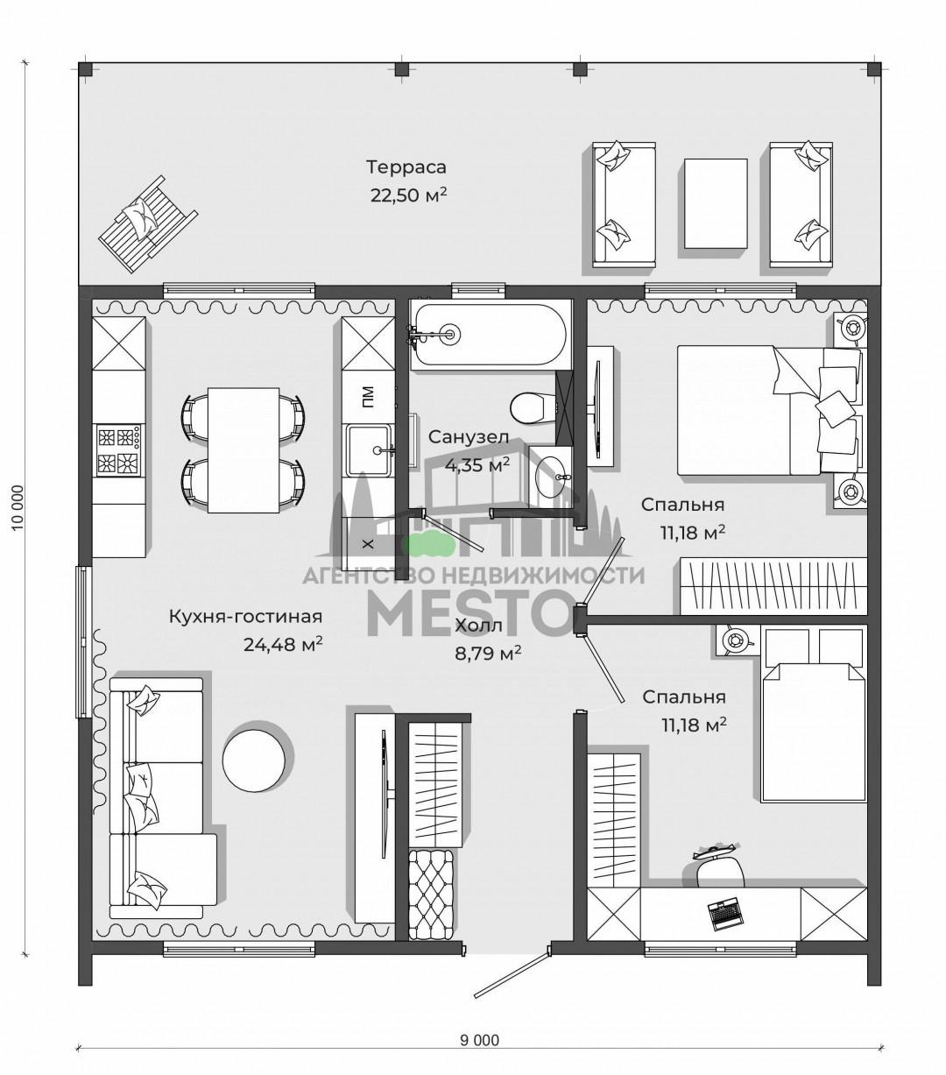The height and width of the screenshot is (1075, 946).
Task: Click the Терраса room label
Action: pos(406,167)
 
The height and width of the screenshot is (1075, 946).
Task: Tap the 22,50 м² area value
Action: pos(408,195)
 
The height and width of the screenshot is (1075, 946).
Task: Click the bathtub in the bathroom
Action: pos(490,335)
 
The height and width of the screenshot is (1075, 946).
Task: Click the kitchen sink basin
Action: pos(370,450)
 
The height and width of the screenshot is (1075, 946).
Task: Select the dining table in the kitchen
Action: pos(244,450)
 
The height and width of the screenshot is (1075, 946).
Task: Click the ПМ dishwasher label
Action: pos(368,396)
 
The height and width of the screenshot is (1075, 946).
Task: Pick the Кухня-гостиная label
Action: pos(245,617)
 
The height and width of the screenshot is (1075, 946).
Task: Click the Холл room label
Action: pos(478,626)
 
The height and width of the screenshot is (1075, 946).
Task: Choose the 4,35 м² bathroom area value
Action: pos(477,465)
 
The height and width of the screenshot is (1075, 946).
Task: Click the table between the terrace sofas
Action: pos(716,203)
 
